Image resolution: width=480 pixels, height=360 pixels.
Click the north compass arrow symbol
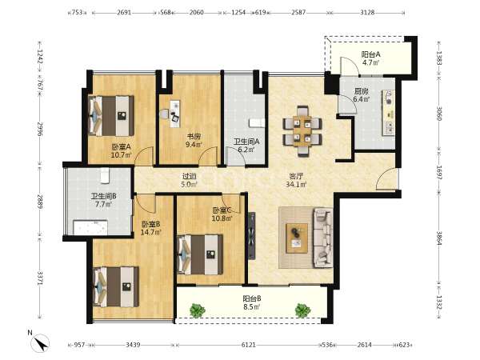click(41, 343)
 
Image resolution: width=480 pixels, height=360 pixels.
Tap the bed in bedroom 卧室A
click(111, 116)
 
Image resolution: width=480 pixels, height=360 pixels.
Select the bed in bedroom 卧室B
click(116, 287)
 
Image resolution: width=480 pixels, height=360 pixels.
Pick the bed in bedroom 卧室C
click(200, 254)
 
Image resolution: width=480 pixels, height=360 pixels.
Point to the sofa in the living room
click(323, 238)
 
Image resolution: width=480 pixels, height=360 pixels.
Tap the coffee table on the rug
click(297, 238)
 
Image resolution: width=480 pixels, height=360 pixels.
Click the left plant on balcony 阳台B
click(198, 310)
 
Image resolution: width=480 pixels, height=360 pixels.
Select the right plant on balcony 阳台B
click(302, 310)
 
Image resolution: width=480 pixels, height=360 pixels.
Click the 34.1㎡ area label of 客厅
click(296, 184)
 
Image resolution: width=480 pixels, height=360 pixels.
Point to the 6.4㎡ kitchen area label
click(362, 99)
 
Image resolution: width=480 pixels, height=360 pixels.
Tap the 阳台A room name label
click(370, 54)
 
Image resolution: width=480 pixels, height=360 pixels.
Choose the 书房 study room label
click(194, 137)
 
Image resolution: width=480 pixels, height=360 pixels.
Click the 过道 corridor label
click(189, 176)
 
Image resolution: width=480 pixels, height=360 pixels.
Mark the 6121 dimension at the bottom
click(248, 345)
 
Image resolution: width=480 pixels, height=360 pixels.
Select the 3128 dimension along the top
click(367, 13)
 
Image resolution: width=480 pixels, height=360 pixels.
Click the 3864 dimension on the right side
click(439, 238)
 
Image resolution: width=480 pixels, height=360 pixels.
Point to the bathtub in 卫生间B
click(90, 227)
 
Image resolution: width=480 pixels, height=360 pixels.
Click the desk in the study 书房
click(174, 114)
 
